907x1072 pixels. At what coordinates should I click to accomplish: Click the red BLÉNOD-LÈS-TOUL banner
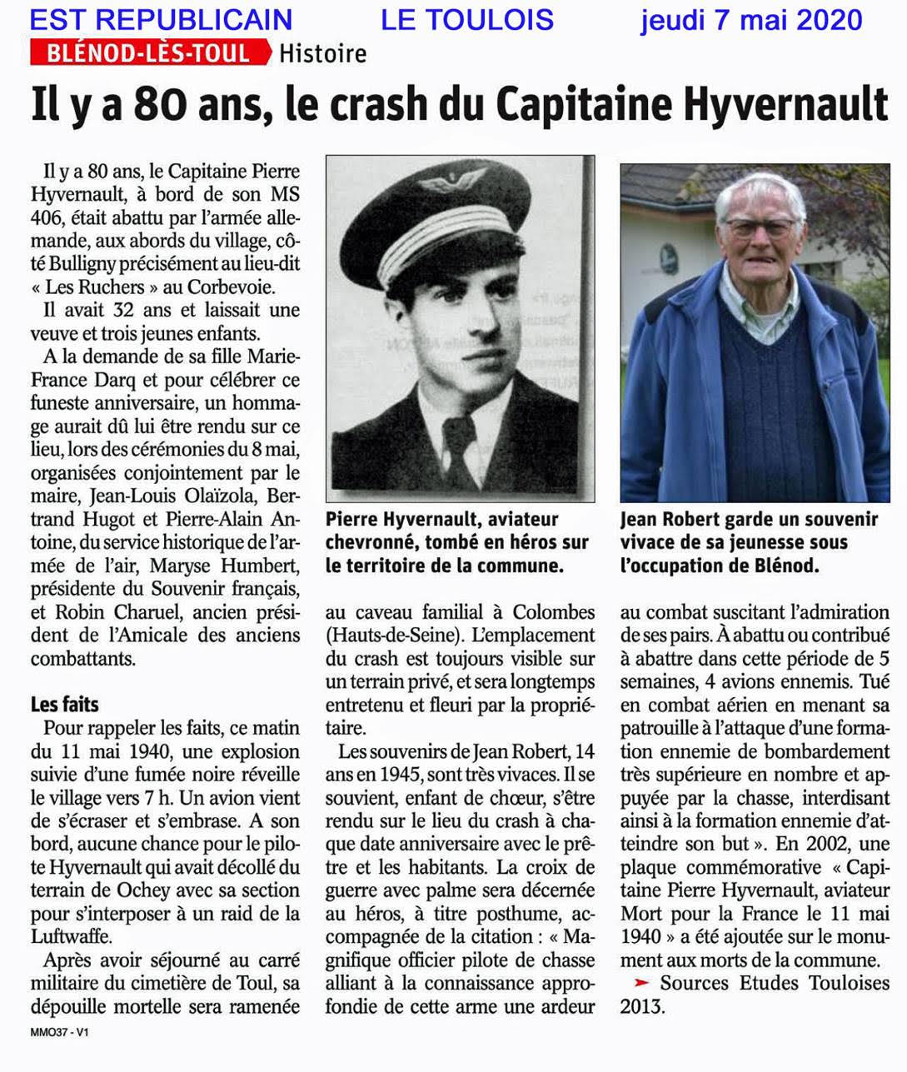[x=150, y=53]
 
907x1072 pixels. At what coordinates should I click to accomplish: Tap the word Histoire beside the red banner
[x=322, y=53]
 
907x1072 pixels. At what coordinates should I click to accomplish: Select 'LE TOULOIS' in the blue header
[x=467, y=18]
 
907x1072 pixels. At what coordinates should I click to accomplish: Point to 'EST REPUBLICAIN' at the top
[x=161, y=18]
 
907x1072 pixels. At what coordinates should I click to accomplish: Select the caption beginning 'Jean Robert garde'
[x=749, y=542]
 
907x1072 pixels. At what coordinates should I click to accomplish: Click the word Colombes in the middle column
[x=554, y=612]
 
